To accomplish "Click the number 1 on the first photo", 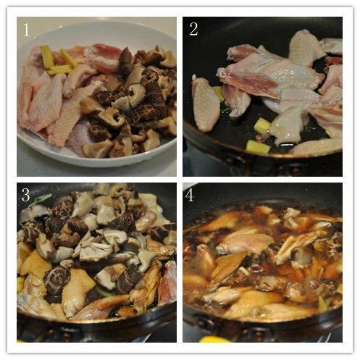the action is (26, 30).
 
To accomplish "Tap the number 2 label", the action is (193, 29).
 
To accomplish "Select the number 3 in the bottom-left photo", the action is (25, 195).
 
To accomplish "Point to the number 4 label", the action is (190, 195).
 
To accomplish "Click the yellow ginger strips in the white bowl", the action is (56, 60).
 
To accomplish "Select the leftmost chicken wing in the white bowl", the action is (41, 101).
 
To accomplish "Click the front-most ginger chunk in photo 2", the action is (257, 147).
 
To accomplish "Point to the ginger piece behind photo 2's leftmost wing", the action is (218, 93).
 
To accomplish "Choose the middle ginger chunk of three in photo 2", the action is (263, 125).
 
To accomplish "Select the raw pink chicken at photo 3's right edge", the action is (167, 282).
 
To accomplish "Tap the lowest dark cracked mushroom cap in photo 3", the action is (56, 281).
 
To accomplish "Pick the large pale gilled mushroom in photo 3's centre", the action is (96, 251).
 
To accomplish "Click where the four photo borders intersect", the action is (180, 180).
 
